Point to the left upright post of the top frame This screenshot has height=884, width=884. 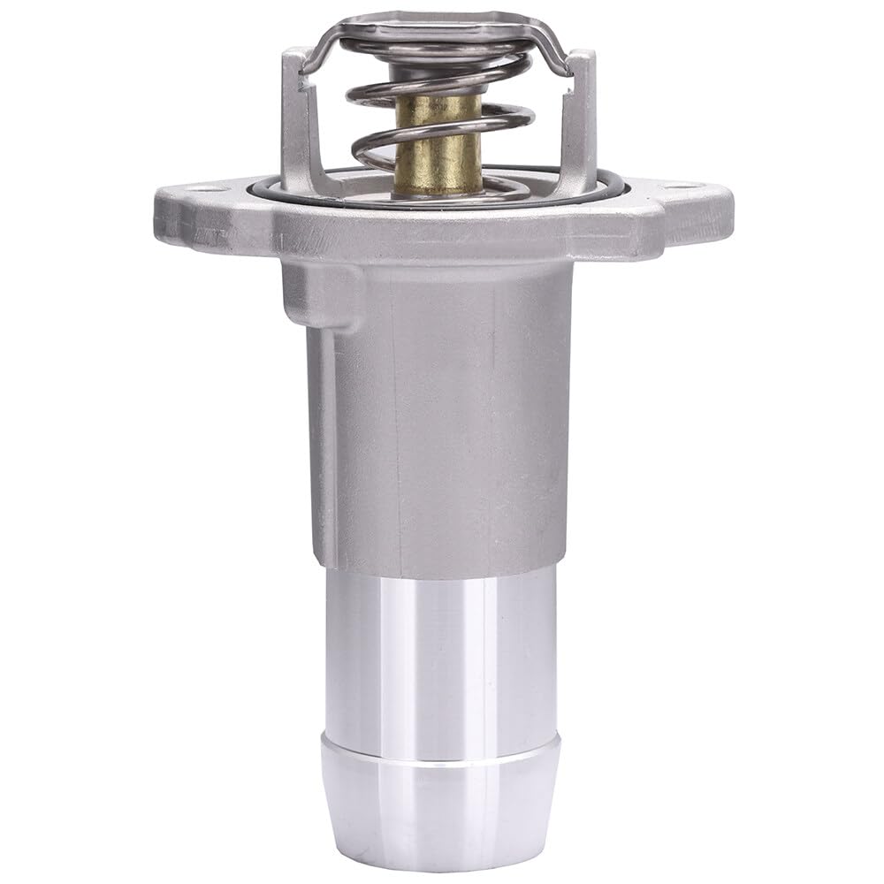[x=294, y=115]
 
